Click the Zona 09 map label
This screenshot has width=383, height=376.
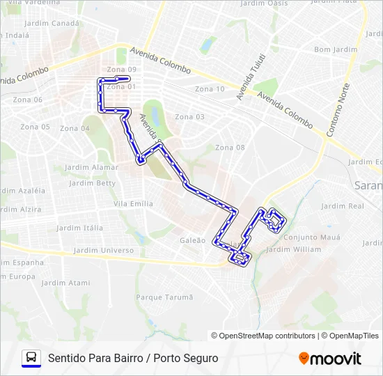coord(122,70)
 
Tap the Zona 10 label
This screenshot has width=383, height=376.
coord(210,89)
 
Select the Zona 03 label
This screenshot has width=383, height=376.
coord(189,117)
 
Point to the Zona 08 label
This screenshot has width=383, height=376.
coord(230,148)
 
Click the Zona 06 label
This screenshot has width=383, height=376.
coord(28,100)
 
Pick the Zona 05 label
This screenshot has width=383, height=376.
coord(35,127)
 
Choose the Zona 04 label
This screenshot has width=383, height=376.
coord(75,128)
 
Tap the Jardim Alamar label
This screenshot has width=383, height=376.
coord(91,168)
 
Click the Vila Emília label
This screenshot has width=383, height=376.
coord(133,203)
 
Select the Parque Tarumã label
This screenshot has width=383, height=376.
coord(164,297)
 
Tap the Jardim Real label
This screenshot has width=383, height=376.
coord(343,206)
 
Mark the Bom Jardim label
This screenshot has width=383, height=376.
coord(336,50)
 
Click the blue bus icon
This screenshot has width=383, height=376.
coord(31,358)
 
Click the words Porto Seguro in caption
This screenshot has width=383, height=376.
coord(190,358)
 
